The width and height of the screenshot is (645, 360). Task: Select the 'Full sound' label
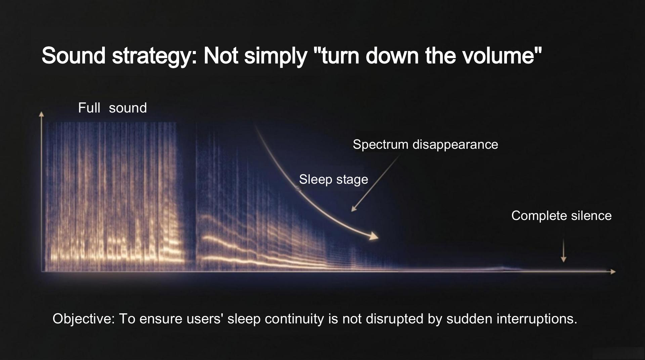(x=112, y=108)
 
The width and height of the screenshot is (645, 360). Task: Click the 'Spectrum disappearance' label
(x=425, y=144)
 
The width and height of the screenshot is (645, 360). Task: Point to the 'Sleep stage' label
(x=333, y=179)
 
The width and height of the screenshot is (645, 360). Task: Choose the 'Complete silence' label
(x=561, y=216)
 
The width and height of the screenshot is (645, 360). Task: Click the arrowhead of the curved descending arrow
(x=374, y=236)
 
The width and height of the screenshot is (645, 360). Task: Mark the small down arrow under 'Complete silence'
(x=564, y=255)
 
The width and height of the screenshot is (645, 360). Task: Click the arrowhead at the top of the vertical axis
(x=41, y=114)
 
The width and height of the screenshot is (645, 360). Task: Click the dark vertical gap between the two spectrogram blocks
(x=190, y=201)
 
